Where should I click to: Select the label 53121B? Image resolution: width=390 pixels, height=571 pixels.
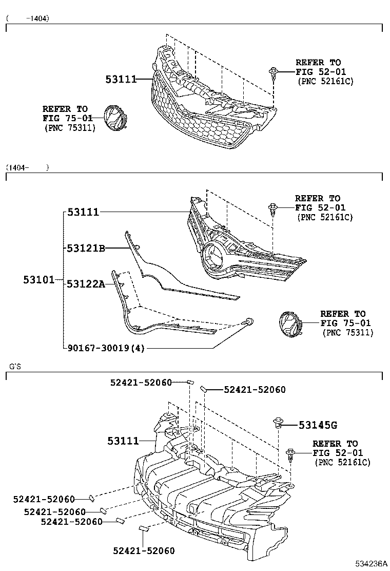click(86, 249)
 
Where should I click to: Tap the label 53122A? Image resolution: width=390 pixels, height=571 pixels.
click(86, 283)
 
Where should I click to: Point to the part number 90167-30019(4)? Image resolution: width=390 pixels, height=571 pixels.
click(106, 348)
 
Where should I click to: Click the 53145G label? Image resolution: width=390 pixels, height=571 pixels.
click(318, 425)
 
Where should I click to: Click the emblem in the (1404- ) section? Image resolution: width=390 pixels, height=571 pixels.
click(287, 324)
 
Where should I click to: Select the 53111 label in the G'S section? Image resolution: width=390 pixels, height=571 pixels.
click(123, 441)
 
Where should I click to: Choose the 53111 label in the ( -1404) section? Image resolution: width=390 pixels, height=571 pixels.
click(121, 79)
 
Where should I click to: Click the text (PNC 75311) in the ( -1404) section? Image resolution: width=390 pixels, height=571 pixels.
click(70, 128)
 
